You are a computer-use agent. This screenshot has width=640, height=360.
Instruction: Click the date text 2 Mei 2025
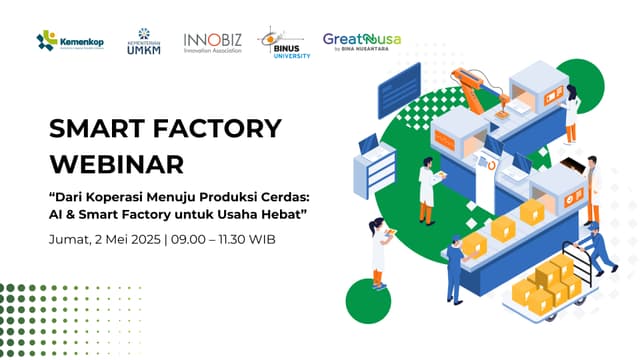[x=129, y=240]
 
